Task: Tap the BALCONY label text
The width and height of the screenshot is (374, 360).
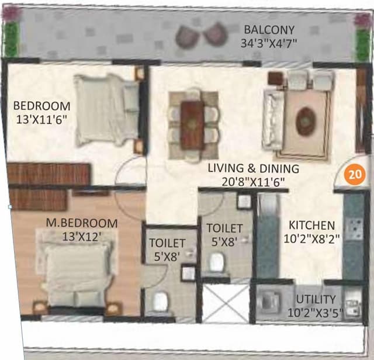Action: click(x=269, y=30)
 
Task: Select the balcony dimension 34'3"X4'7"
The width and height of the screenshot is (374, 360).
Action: click(x=269, y=43)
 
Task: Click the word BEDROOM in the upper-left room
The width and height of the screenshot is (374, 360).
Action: click(x=41, y=106)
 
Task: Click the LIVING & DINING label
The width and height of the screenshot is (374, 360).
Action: click(x=254, y=168)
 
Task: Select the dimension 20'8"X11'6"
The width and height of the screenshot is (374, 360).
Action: click(x=254, y=182)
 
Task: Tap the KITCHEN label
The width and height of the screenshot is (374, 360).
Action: click(x=312, y=225)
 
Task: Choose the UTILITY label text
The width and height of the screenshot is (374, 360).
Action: click(x=316, y=299)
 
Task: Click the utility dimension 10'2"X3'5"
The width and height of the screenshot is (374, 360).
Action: click(x=316, y=313)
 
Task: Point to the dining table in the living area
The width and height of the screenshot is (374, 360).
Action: click(x=192, y=124)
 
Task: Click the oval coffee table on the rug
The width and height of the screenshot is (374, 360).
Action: click(x=306, y=122)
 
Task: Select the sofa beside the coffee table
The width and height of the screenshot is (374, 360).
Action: click(x=273, y=120)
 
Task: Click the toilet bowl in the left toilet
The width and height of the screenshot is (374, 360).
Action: click(x=160, y=301)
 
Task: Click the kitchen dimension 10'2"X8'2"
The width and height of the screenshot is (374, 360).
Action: click(x=312, y=238)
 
